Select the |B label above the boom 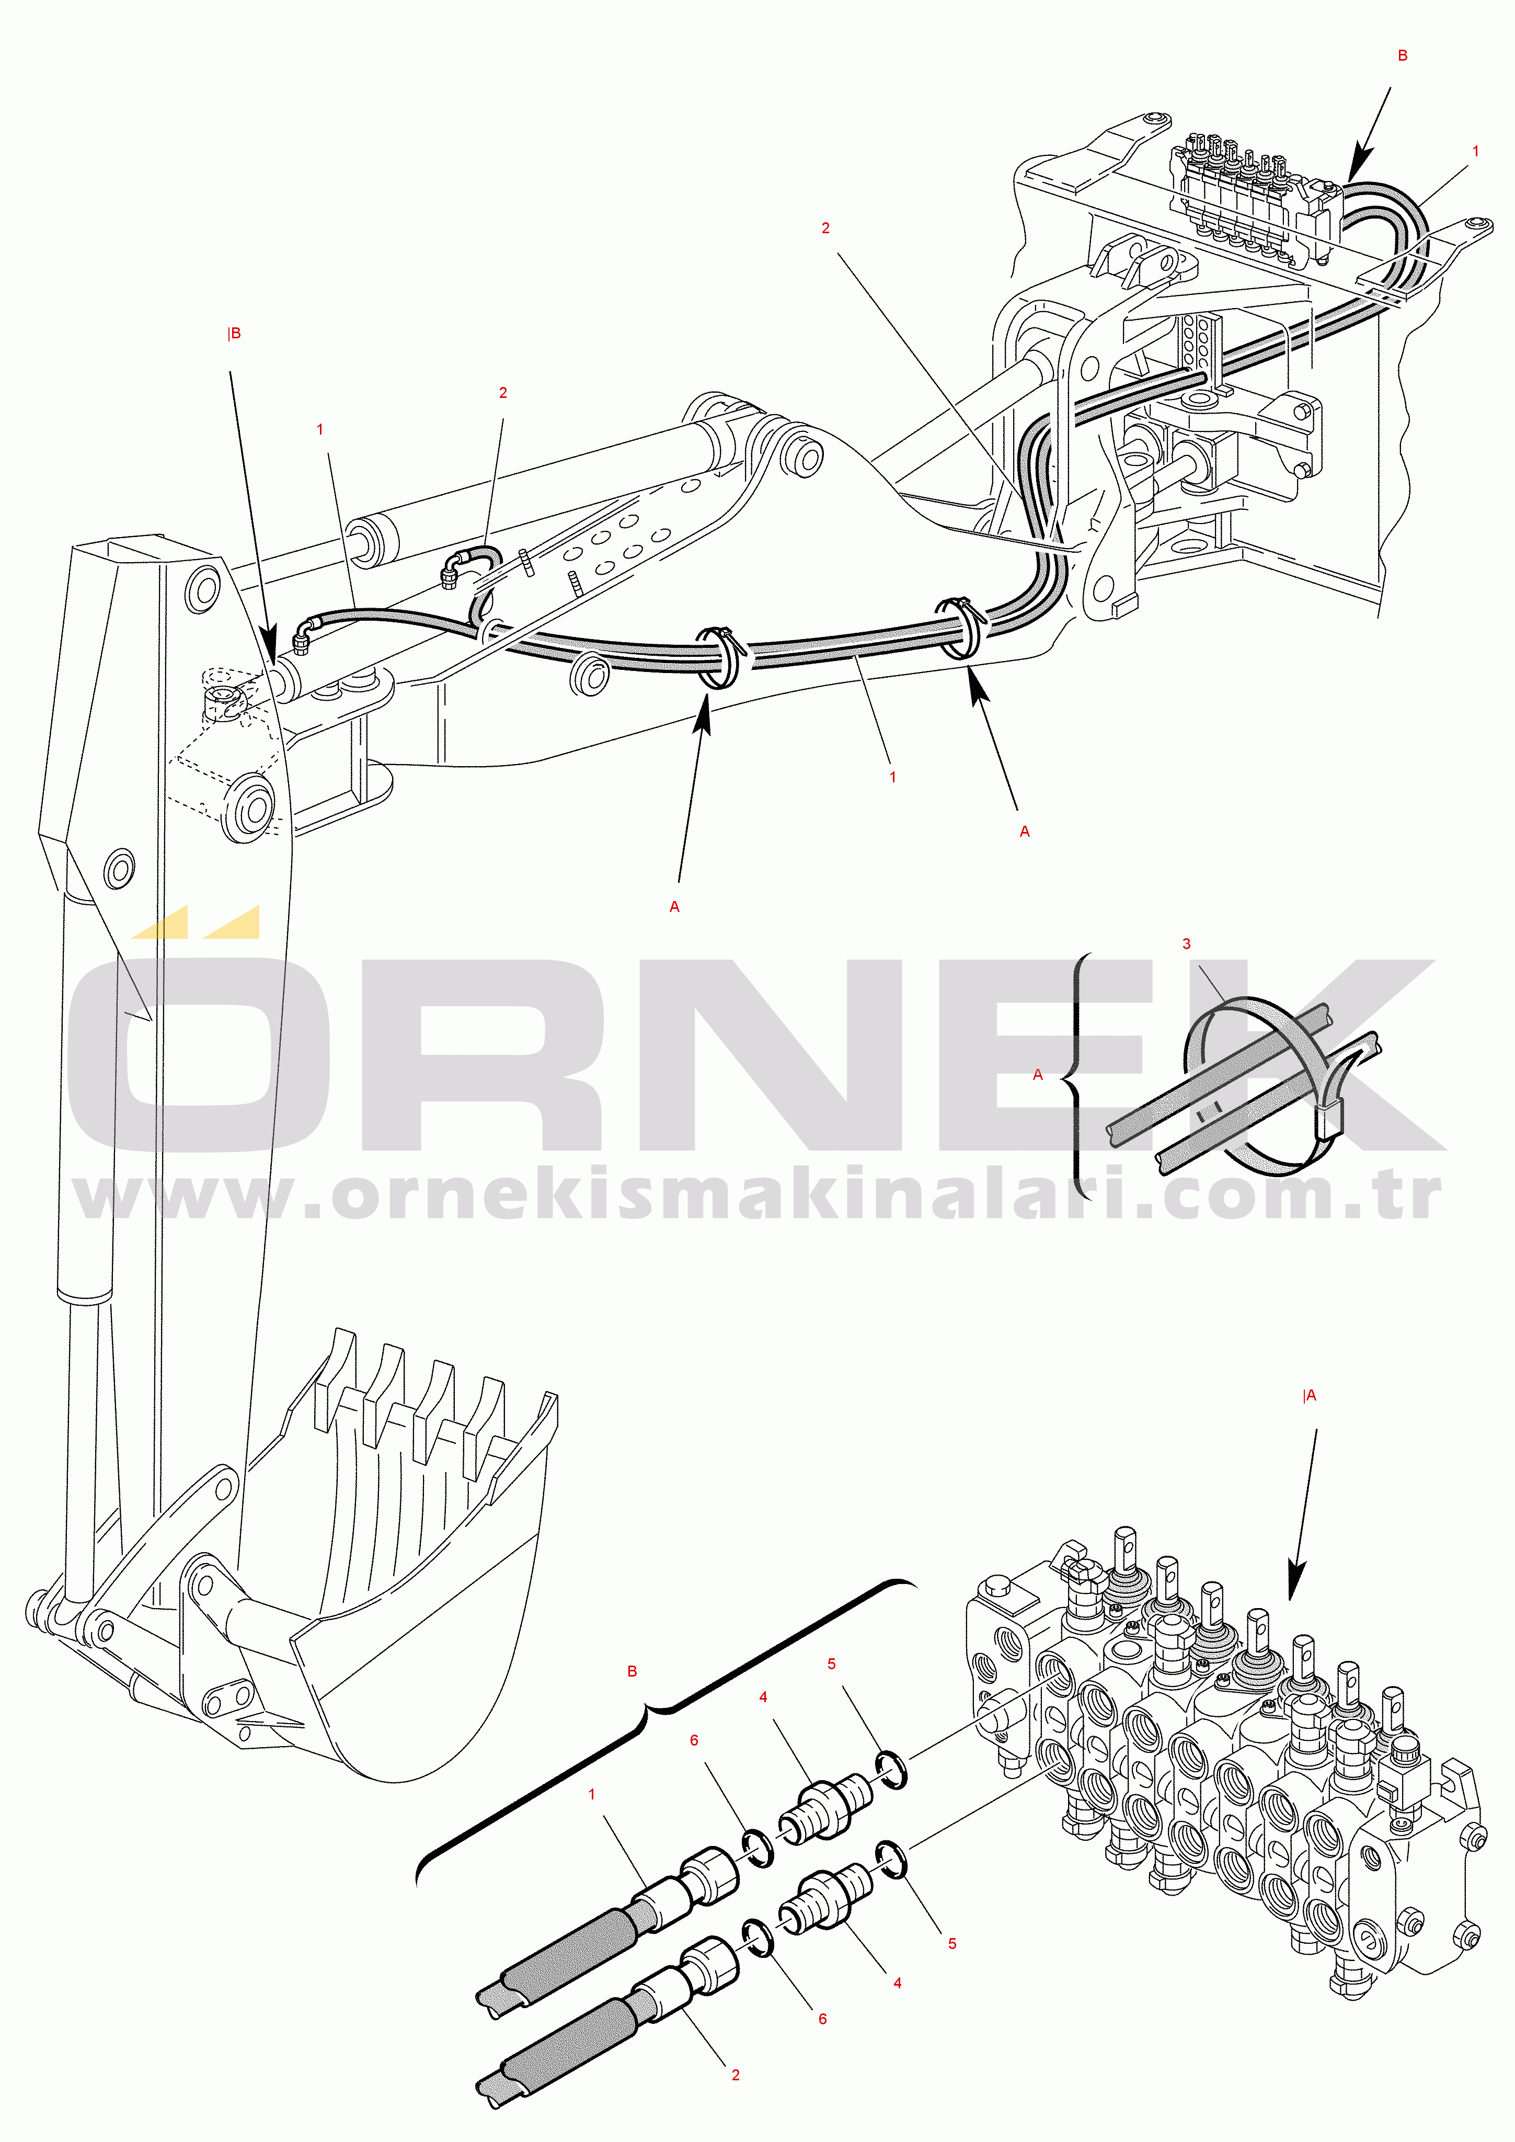pos(234,334)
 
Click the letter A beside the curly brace pos(1037,1075)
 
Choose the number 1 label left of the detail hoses pos(591,1794)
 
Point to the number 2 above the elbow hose pos(503,393)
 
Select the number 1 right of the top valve pos(1475,151)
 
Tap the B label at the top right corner pos(1402,56)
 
